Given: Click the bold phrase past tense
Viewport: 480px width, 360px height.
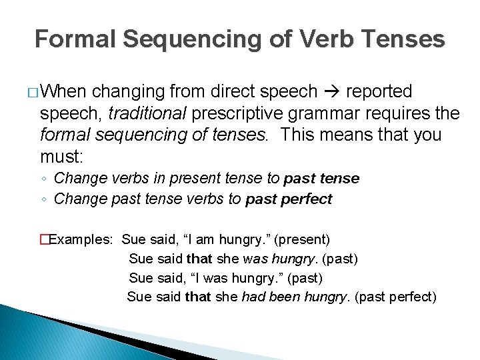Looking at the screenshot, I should pos(321,179).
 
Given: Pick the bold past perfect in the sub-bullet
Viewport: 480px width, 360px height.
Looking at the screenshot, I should pos(289,199).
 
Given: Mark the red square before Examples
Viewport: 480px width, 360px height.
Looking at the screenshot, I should pos(45,239).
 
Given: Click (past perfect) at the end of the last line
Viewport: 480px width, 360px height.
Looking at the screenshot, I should pos(396,297).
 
